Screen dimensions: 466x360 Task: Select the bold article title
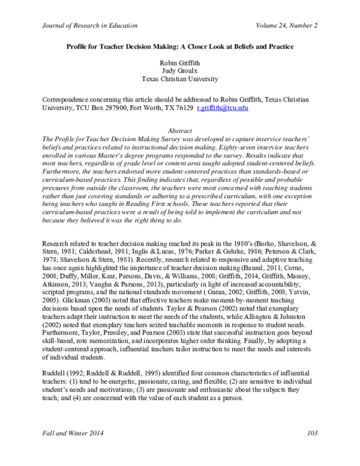(x=179, y=46)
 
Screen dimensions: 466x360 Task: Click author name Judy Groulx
(x=180, y=70)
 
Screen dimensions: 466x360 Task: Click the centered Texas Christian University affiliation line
(x=180, y=78)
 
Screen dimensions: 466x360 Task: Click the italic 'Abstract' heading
(x=180, y=130)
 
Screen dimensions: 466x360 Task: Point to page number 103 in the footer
(x=311, y=449)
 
